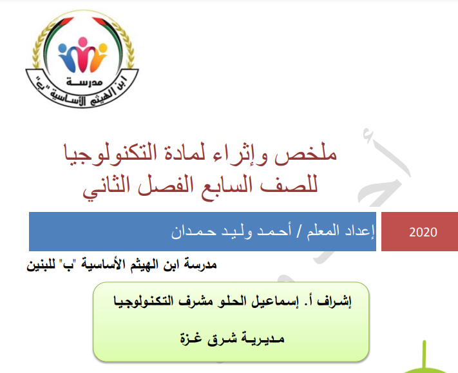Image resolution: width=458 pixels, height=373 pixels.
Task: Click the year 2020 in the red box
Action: tap(423, 232)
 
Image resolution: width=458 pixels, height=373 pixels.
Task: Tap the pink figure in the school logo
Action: tap(82, 54)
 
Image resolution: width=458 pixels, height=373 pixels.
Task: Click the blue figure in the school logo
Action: tap(66, 57)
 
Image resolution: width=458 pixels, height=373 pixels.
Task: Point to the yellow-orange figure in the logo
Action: tap(97, 57)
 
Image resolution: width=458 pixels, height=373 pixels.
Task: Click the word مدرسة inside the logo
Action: tap(84, 82)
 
